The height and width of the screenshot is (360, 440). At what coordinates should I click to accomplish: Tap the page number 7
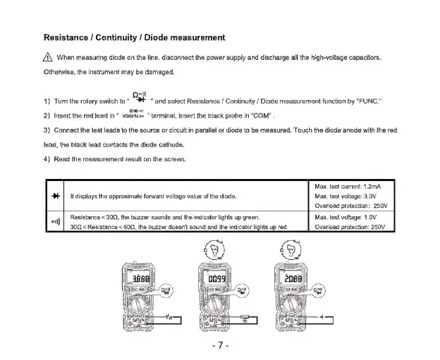220,345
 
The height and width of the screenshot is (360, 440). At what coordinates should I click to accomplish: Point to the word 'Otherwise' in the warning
61,72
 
